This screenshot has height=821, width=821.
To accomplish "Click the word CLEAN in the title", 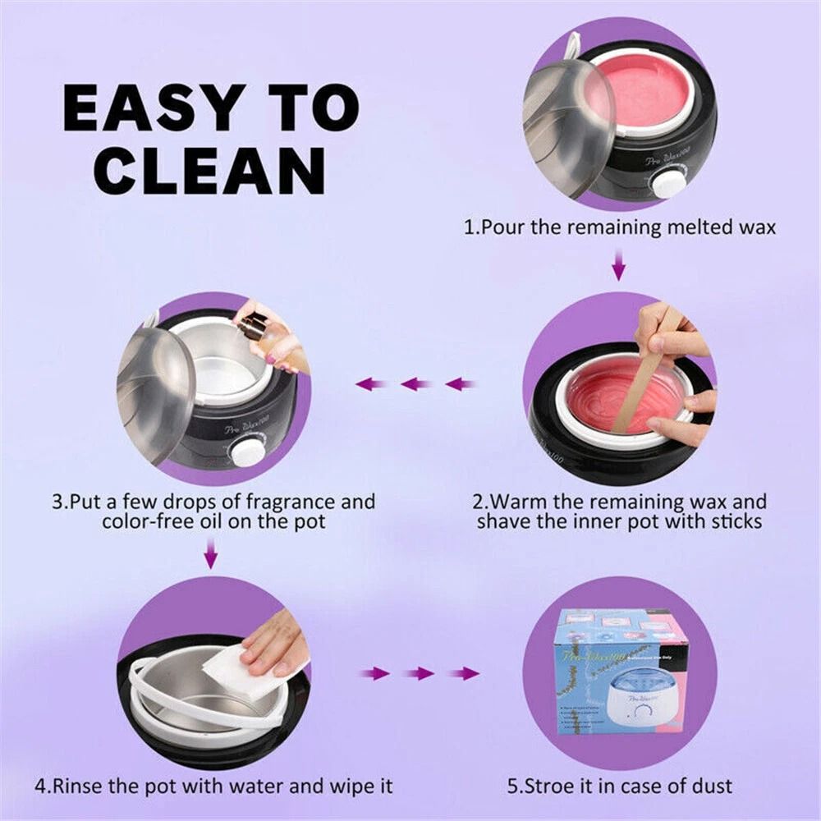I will [x=209, y=170].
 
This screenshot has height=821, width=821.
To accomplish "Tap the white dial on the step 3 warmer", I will [x=246, y=451].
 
